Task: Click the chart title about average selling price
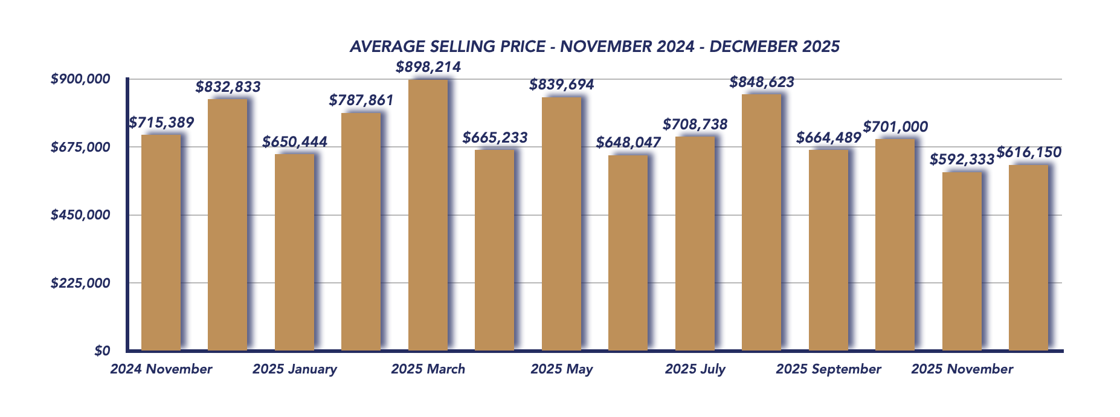point(594,47)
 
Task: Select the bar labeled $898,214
point(428,215)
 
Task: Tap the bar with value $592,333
point(962,261)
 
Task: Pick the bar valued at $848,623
point(761,222)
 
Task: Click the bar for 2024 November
point(161,242)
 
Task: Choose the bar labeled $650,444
point(294,252)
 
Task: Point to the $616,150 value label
point(1029,152)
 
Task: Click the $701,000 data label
point(895,127)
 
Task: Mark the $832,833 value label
point(228,87)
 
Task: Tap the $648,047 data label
point(628,143)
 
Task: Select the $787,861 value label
point(361,100)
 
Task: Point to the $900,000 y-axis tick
point(80,79)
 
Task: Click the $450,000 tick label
point(80,215)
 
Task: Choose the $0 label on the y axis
point(102,351)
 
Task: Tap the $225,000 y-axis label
point(80,283)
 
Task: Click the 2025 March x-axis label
point(428,369)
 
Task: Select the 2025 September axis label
point(828,369)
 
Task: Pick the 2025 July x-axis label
point(695,369)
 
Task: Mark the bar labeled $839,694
point(561,224)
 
